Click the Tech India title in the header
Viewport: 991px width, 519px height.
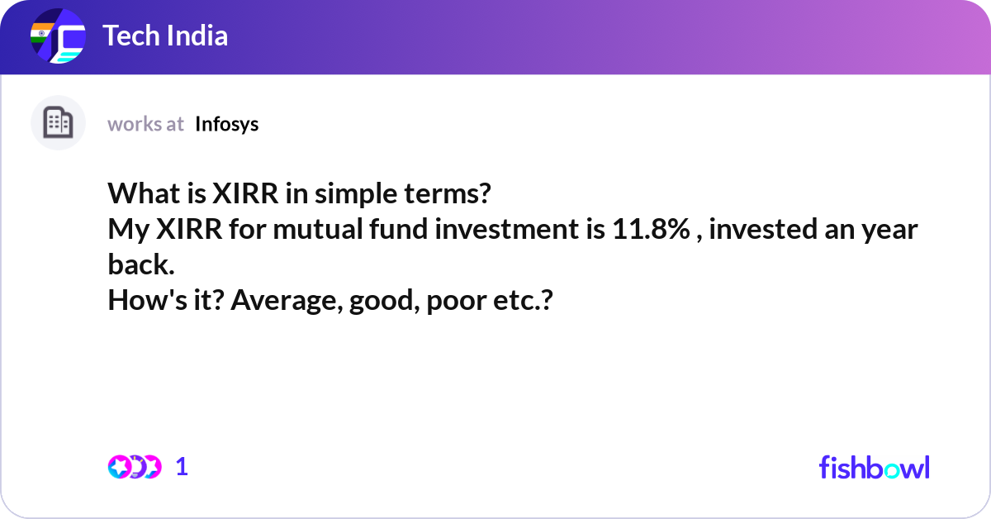165,36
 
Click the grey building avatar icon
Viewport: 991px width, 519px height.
58,123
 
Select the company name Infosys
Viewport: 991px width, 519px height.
226,124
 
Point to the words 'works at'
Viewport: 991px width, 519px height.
145,124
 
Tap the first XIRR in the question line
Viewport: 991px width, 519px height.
247,195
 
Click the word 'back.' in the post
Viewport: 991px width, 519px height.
141,265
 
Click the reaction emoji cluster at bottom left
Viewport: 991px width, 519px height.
134,467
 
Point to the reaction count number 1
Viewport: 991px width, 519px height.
182,467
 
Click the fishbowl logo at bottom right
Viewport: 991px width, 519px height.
874,467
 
